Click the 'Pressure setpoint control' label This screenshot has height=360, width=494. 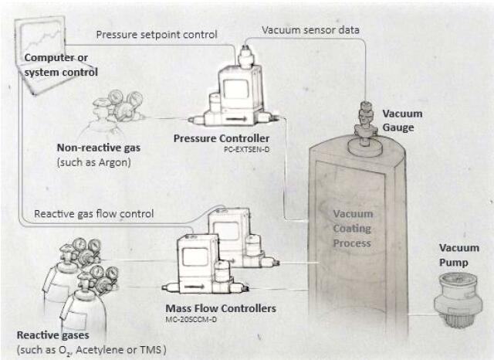click(x=157, y=34)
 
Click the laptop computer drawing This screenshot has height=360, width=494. click(x=39, y=46)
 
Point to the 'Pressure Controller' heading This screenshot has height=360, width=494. click(x=216, y=138)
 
